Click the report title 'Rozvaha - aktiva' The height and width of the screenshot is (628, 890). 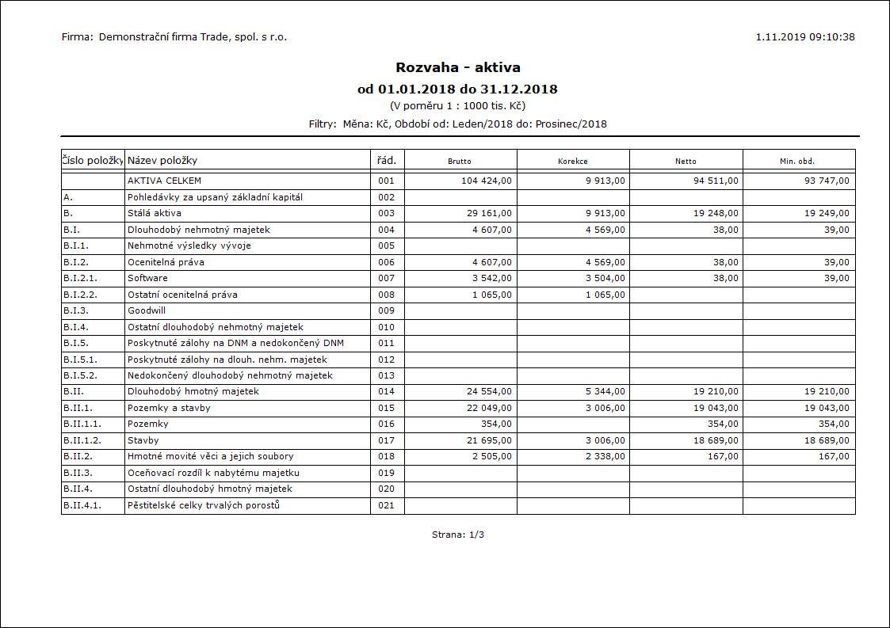tap(458, 67)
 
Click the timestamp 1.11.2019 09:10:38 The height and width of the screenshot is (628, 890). tap(805, 37)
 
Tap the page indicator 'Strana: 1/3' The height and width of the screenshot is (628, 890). tap(458, 535)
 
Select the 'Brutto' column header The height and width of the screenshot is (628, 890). tap(460, 161)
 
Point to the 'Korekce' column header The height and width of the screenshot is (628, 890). tap(573, 161)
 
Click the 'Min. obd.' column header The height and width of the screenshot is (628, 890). tap(797, 161)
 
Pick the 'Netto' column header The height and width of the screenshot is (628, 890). tap(686, 161)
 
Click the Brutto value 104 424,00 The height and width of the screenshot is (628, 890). tap(487, 181)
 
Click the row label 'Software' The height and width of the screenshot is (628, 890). tap(147, 278)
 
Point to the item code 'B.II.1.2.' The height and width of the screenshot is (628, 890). tap(82, 440)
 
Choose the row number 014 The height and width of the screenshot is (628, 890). tap(386, 391)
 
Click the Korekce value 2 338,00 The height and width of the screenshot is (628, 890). tap(604, 456)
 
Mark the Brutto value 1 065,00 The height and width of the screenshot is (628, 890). tap(491, 295)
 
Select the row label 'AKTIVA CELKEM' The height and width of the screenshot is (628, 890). tap(165, 181)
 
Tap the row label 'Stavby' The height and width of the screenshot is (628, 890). tap(143, 440)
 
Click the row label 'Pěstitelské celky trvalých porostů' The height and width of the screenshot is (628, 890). tap(204, 505)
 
